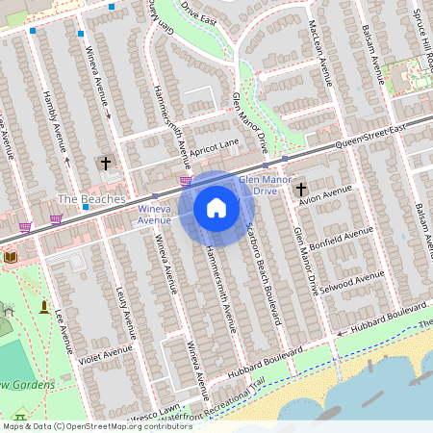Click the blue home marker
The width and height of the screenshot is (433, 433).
tap(216, 208)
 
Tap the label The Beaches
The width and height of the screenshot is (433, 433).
tap(91, 199)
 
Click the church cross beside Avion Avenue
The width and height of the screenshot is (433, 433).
tap(300, 189)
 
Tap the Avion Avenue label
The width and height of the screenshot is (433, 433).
tap(326, 198)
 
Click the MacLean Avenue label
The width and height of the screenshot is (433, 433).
tap(324, 48)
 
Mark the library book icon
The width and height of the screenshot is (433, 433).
tap(11, 257)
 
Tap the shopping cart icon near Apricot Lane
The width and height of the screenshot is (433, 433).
tap(186, 180)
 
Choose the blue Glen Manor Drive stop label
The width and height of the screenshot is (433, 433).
tap(258, 185)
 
